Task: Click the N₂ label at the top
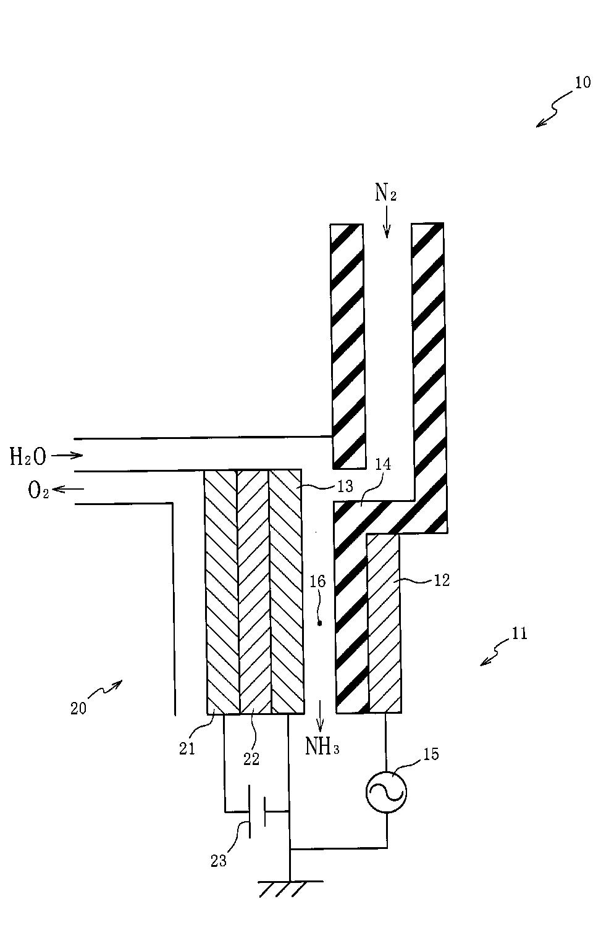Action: (385, 194)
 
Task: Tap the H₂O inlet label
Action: (28, 457)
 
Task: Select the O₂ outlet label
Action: (38, 491)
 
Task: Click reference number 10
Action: (582, 82)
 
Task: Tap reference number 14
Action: (383, 464)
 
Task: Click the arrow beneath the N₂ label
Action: (386, 227)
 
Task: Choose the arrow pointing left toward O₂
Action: (68, 490)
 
